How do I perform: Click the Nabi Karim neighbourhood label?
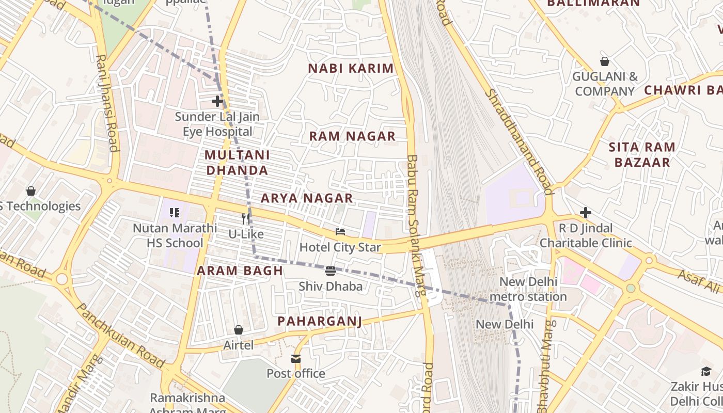[351, 68]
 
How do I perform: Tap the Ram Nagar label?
[352, 136]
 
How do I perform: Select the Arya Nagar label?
[307, 198]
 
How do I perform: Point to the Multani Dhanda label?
[237, 163]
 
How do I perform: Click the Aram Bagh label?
[240, 271]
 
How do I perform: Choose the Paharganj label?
[319, 321]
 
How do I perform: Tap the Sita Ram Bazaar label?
[641, 155]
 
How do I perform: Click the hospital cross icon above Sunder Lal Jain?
[217, 101]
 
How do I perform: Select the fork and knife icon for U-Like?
[246, 219]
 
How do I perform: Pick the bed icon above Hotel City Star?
[340, 232]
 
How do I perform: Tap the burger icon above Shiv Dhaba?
[331, 271]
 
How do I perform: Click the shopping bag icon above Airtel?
[239, 330]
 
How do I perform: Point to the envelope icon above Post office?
[296, 358]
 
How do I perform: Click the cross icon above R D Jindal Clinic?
[585, 212]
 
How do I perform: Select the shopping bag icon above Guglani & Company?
[605, 62]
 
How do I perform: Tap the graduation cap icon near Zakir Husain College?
[706, 371]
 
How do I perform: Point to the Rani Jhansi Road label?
[107, 103]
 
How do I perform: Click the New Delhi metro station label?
[528, 289]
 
